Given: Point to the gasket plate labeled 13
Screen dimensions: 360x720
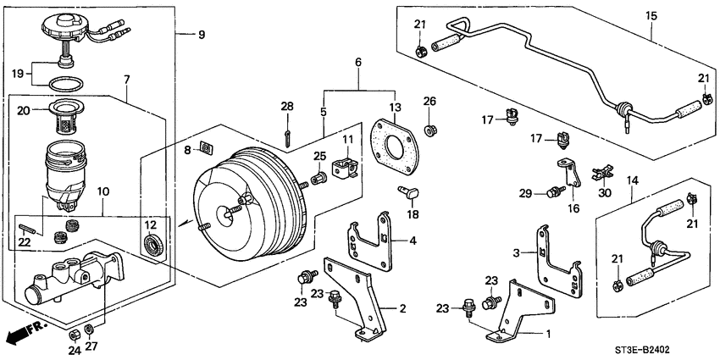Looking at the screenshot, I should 394,148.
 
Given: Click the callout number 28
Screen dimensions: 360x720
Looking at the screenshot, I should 287,106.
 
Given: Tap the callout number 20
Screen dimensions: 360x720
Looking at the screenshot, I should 23,110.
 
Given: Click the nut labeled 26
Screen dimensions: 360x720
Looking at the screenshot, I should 429,129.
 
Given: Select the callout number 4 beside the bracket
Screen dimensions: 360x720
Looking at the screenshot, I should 413,241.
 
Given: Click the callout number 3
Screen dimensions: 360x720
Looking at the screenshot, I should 517,253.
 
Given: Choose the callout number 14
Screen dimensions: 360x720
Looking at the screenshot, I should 629,180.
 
